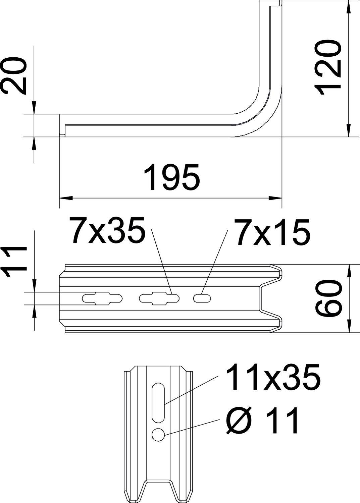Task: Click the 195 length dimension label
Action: (x=172, y=177)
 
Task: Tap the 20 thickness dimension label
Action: (x=14, y=75)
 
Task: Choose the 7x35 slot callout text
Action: (x=108, y=230)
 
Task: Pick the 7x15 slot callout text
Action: (x=271, y=231)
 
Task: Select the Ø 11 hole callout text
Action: (x=262, y=421)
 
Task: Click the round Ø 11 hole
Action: (x=158, y=435)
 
